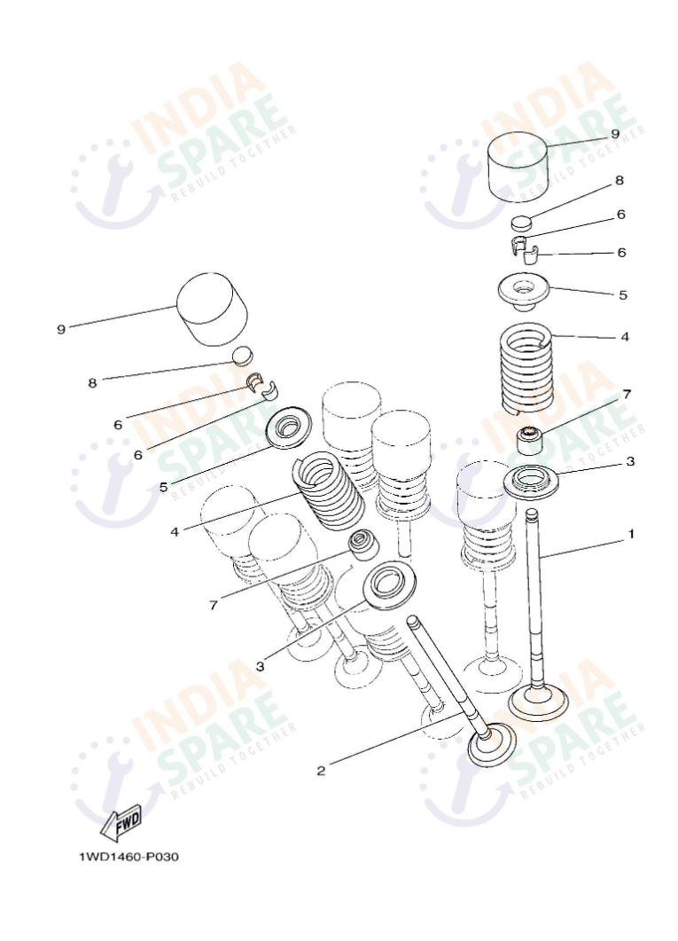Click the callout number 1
click(631, 534)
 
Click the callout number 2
click(321, 771)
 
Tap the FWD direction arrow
click(121, 822)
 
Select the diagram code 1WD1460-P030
click(129, 857)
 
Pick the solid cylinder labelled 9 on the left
click(212, 310)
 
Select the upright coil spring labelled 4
click(526, 368)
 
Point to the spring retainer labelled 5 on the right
click(524, 291)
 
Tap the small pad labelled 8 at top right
click(521, 222)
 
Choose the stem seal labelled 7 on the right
click(531, 441)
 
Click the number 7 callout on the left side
click(214, 605)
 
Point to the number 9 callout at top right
click(615, 134)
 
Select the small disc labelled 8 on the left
click(243, 355)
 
